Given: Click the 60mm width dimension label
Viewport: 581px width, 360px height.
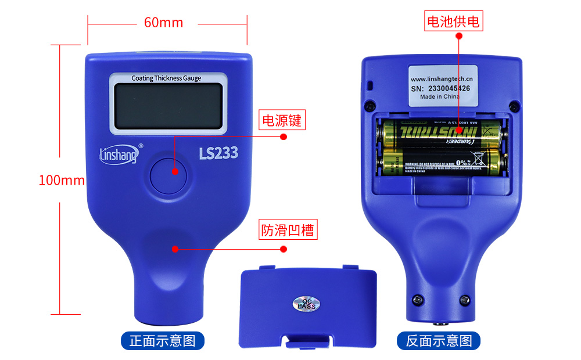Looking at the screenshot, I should coord(163,23).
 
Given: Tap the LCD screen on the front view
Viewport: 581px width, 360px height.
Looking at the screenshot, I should coord(168,106).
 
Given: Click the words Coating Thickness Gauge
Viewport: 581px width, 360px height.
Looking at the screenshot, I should coord(166,78).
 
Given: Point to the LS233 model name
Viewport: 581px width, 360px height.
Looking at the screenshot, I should coord(218,154).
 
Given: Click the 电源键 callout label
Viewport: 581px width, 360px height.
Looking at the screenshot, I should coord(282,121).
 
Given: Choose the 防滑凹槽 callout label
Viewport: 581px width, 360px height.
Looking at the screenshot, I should coord(287,230).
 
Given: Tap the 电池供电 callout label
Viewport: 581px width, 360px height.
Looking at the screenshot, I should coord(454,22).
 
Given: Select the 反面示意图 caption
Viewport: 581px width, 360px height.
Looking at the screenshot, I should coord(439,341).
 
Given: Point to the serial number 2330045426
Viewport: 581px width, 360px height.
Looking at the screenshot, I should coord(449,88).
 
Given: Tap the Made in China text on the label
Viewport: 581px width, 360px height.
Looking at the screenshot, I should coord(439,97).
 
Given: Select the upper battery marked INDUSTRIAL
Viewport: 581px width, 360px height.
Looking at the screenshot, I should coord(440,134).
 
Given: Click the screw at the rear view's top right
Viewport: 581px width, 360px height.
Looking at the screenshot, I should coord(513,105).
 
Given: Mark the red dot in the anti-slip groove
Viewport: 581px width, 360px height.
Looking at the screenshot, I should coord(174,249).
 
